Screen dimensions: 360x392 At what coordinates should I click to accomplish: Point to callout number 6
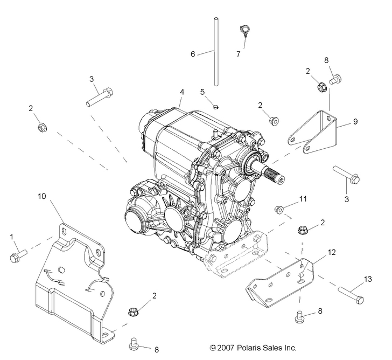193,53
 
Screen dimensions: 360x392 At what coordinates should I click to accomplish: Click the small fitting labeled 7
243,30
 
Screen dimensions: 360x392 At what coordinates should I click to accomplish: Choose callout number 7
238,54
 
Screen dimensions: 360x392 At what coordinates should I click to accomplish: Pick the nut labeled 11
279,209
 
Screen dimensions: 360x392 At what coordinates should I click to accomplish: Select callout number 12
331,252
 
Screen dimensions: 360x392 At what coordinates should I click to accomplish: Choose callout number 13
368,279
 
